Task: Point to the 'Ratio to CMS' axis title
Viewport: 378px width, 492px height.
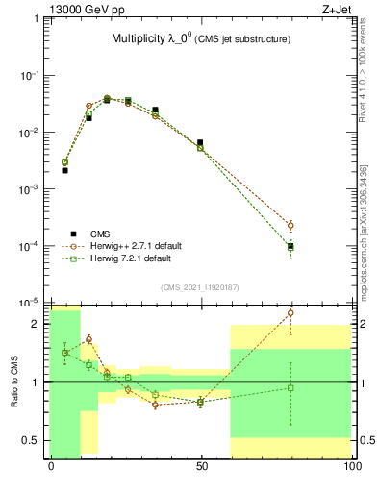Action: click(15, 382)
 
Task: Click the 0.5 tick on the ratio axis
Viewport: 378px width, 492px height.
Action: click(32, 440)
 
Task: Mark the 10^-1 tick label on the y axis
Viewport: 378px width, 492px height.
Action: click(30, 75)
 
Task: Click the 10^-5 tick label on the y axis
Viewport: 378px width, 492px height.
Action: click(30, 303)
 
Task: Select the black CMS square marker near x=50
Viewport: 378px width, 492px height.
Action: click(200, 142)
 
